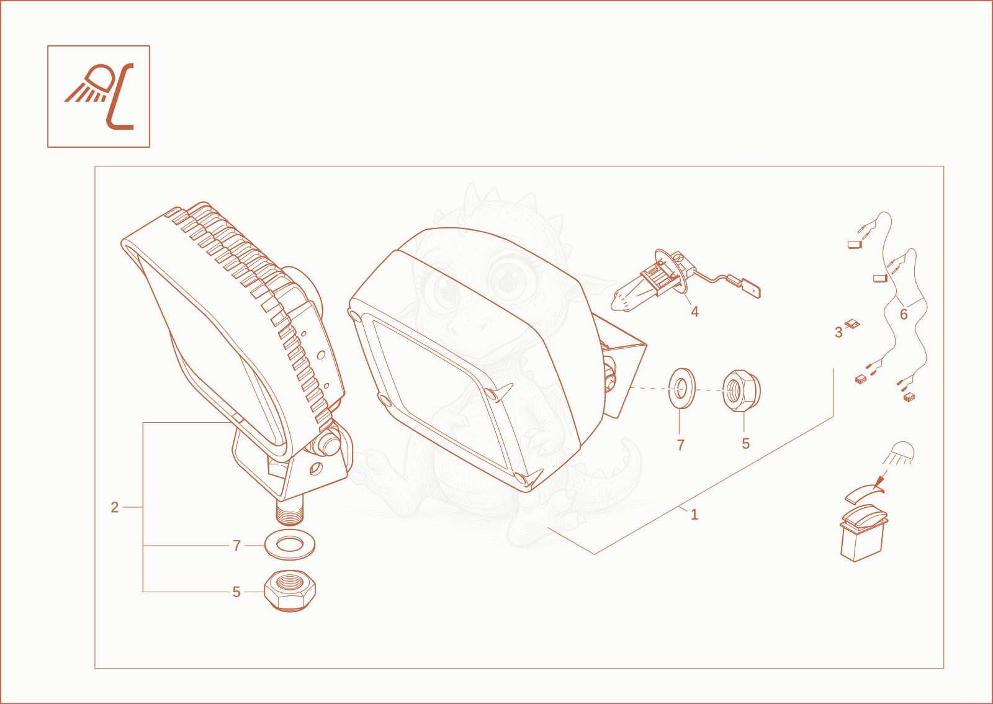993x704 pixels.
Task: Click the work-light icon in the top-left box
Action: [99, 96]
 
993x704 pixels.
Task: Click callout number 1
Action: [694, 515]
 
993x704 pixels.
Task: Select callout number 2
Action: [115, 507]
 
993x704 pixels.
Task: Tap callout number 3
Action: [838, 333]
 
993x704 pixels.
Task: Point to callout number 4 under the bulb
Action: [694, 312]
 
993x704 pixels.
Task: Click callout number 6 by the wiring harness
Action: [904, 314]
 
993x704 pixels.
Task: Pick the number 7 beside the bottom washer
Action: [236, 546]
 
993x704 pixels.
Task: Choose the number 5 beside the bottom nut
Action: [236, 592]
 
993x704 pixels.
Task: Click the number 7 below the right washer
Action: [681, 445]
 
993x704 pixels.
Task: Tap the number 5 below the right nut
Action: [745, 444]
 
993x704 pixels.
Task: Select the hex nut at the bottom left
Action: [290, 591]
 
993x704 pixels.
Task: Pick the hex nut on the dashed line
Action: [741, 390]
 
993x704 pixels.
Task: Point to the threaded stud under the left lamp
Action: [289, 510]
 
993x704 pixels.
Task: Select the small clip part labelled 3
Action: [852, 324]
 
